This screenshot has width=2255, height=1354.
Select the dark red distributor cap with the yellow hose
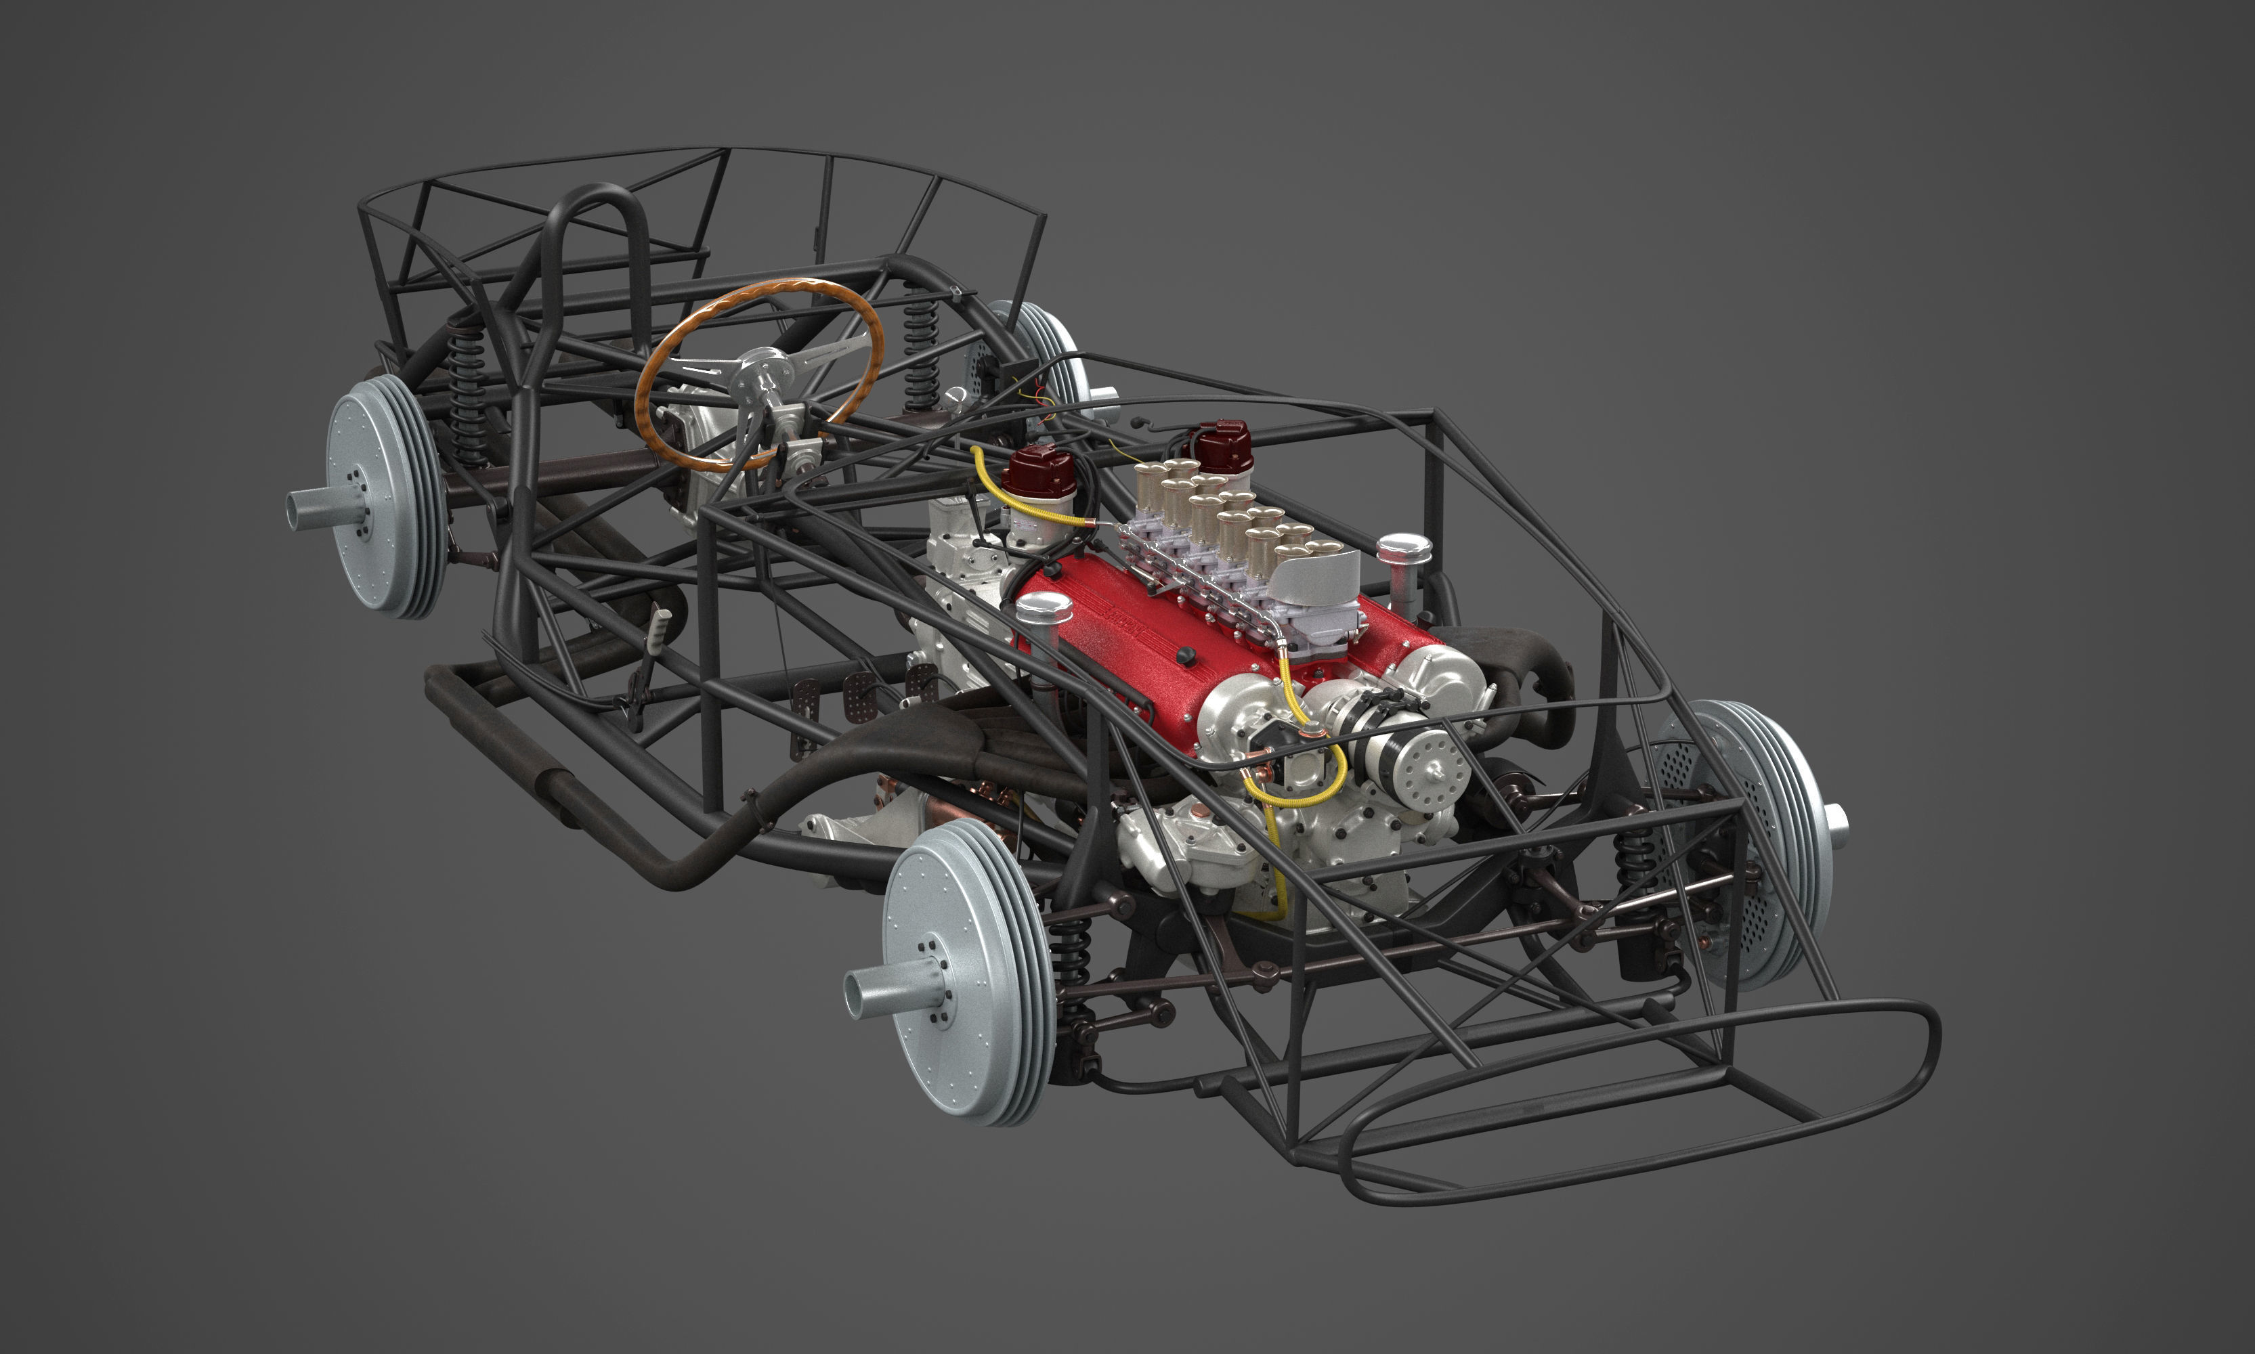pyautogui.click(x=1039, y=472)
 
